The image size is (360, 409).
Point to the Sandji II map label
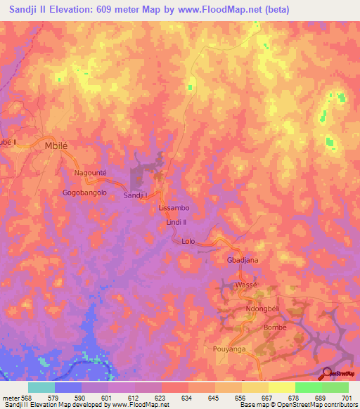(137, 195)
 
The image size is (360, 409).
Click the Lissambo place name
(175, 209)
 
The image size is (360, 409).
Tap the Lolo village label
(188, 241)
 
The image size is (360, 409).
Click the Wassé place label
(247, 285)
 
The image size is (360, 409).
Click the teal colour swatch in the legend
(41, 387)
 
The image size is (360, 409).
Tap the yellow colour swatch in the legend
(281, 387)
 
